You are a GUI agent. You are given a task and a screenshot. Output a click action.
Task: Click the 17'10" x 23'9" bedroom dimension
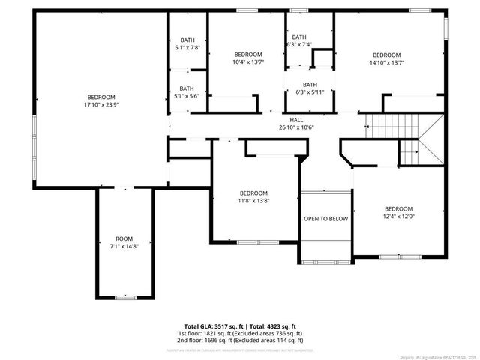click(x=101, y=105)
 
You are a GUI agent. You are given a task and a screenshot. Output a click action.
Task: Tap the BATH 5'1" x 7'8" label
click(x=186, y=44)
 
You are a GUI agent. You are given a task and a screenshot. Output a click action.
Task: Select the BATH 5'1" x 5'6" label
click(x=186, y=92)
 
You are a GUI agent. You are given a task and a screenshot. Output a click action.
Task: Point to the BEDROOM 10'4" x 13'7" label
click(x=247, y=58)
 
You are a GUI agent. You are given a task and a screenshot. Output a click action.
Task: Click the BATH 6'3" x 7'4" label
click(x=299, y=40)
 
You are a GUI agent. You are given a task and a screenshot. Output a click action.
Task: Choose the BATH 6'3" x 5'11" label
click(x=310, y=88)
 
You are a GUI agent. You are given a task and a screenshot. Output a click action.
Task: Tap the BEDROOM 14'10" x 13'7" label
click(x=387, y=58)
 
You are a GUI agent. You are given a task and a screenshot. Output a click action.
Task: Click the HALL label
click(x=296, y=119)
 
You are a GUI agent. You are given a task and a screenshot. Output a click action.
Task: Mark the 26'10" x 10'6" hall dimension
click(x=296, y=127)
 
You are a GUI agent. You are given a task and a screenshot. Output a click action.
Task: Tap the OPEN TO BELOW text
click(x=325, y=219)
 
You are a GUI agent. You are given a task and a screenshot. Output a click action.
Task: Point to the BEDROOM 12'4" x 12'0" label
click(x=398, y=213)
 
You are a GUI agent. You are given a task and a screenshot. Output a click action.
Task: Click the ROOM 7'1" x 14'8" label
click(x=124, y=242)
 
